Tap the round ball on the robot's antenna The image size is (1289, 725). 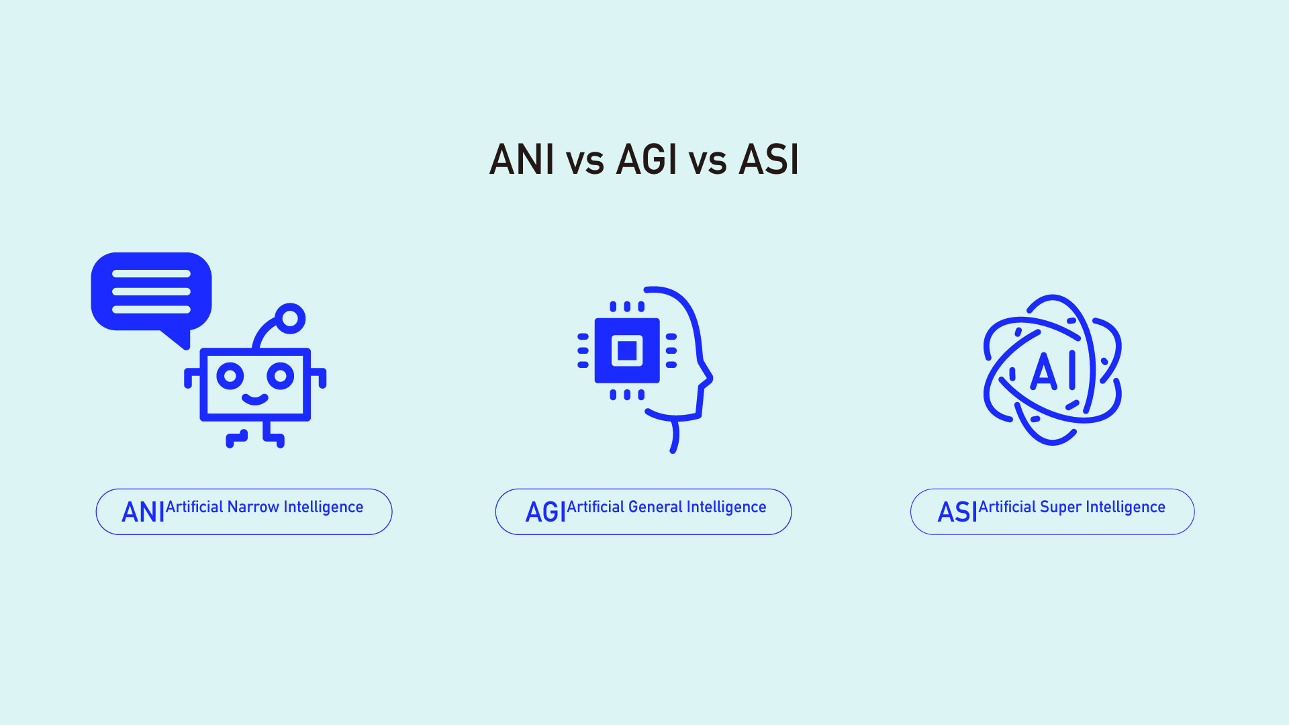point(291,318)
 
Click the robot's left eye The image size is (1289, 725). point(230,376)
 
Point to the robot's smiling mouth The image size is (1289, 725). point(255,399)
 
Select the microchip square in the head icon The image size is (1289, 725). point(627,350)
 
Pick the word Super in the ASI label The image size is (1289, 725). point(1060,507)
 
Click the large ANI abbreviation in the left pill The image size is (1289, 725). point(143,512)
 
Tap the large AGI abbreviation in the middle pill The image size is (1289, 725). point(545,512)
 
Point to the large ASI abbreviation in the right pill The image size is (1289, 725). point(957,512)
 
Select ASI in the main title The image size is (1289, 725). point(769,160)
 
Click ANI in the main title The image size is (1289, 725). point(522,160)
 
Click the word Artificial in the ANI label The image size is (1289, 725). point(194,507)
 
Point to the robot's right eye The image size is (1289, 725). point(280,376)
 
